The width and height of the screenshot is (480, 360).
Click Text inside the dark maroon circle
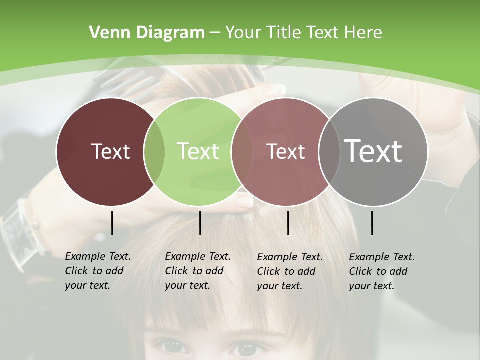click(x=110, y=151)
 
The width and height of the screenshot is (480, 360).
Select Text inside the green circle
click(x=198, y=151)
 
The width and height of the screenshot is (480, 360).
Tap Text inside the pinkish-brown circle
click(x=285, y=151)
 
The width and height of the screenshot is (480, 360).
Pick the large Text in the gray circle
click(x=373, y=151)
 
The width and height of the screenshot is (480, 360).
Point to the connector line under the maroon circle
click(x=112, y=223)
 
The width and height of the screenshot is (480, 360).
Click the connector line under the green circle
click(x=200, y=223)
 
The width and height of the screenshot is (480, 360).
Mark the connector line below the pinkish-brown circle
click(x=288, y=223)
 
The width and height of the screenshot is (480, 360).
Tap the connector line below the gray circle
click(x=372, y=223)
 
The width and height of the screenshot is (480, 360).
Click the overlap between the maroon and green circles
click(x=154, y=151)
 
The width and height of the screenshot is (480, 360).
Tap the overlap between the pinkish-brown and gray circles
click(x=327, y=151)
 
